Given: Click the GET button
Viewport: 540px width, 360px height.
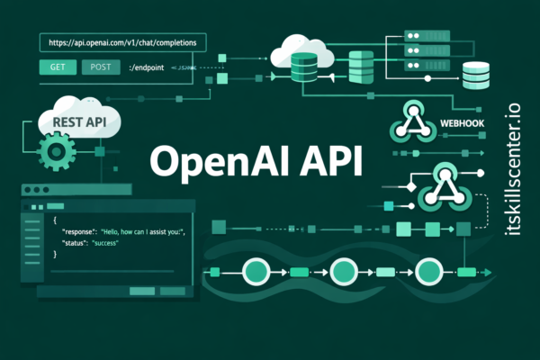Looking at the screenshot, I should point(57,67).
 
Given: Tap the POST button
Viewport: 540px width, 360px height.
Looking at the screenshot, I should point(100,67).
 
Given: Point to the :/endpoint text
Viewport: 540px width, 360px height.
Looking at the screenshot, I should point(148,67).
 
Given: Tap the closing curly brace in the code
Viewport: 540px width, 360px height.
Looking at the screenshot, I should point(55,255).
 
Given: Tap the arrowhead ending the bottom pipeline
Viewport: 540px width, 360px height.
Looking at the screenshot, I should point(492,272).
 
